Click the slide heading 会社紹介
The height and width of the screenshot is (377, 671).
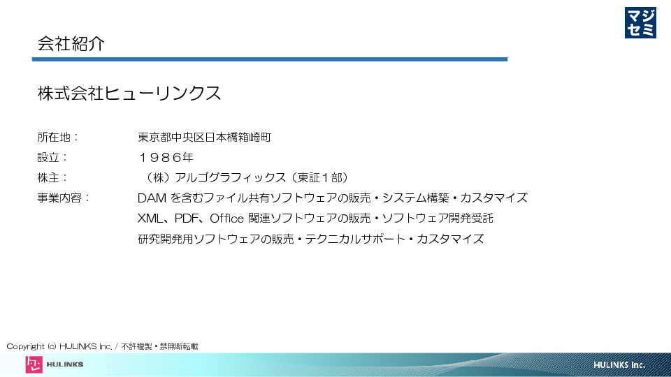71,43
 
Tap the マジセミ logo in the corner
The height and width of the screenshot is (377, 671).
640,22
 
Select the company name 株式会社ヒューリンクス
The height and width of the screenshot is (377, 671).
129,93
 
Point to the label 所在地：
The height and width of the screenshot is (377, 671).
58,138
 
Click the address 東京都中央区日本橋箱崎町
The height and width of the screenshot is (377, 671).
204,138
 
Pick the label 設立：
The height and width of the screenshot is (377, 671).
52,157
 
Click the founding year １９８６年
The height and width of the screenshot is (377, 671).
166,157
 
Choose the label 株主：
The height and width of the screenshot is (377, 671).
52,177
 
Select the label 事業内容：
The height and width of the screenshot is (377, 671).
64,198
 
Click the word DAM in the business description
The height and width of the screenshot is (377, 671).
152,198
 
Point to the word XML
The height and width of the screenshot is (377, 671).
150,219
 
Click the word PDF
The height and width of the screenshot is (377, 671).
186,219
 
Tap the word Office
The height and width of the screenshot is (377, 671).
226,218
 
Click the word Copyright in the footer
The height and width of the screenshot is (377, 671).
25,347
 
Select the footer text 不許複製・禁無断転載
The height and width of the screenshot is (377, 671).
159,346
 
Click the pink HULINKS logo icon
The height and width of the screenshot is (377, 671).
34,364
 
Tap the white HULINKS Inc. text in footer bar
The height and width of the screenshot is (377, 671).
619,365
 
